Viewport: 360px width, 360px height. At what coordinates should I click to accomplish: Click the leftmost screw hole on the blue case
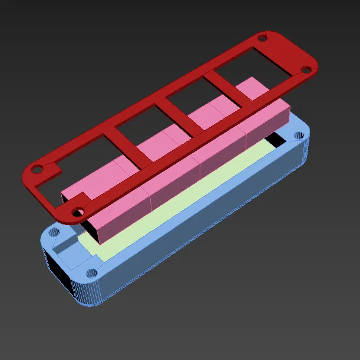tap(54, 232)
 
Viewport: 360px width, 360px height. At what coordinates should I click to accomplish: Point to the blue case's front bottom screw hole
tap(91, 273)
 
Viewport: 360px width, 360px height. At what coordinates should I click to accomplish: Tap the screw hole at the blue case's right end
tap(299, 135)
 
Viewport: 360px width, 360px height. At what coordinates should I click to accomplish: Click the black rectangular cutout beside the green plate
tap(274, 140)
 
